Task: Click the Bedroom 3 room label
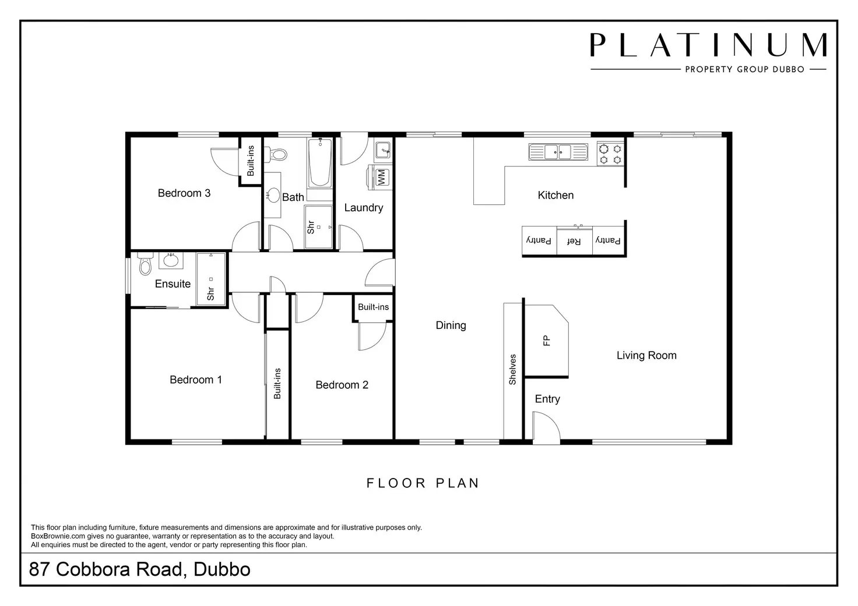pyautogui.click(x=184, y=193)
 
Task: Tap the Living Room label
pyautogui.click(x=646, y=356)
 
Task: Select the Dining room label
pyautogui.click(x=451, y=325)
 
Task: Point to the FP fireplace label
pyautogui.click(x=547, y=341)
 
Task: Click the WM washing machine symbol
pyautogui.click(x=381, y=177)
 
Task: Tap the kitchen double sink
pyautogui.click(x=558, y=152)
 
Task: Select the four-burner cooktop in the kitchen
pyautogui.click(x=610, y=153)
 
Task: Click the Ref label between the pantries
pyautogui.click(x=574, y=241)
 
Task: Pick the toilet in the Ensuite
pyautogui.click(x=145, y=265)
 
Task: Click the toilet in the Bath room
pyautogui.click(x=278, y=155)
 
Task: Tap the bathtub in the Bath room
pyautogui.click(x=320, y=162)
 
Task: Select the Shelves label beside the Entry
pyautogui.click(x=513, y=370)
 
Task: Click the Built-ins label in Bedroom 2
pyautogui.click(x=373, y=307)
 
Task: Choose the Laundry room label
pyautogui.click(x=364, y=208)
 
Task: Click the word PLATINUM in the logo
pyautogui.click(x=708, y=45)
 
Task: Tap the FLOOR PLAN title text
pyautogui.click(x=423, y=483)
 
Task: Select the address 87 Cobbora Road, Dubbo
pyautogui.click(x=140, y=569)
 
